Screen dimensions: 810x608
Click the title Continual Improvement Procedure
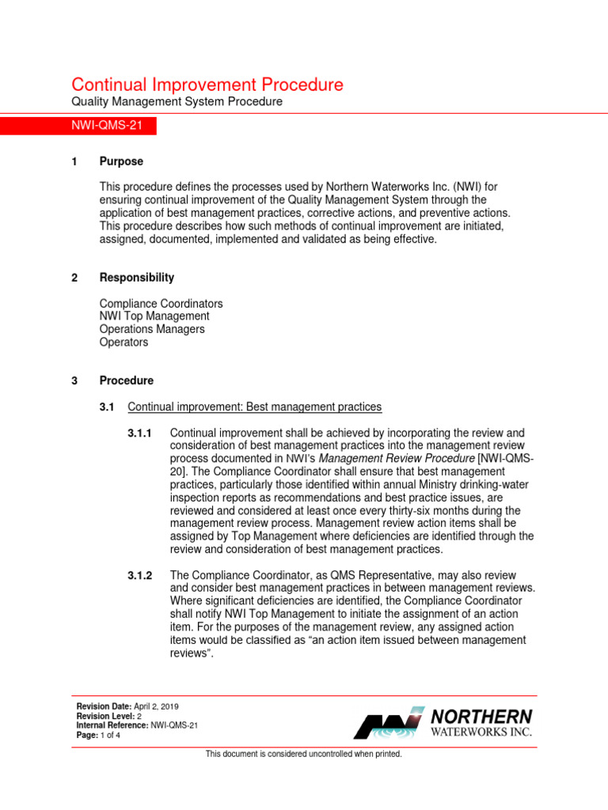pyautogui.click(x=207, y=85)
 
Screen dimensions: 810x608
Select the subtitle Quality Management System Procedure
pyautogui.click(x=177, y=102)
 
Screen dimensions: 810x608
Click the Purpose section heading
pyautogui.click(x=121, y=161)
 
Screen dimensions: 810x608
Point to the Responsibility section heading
pyautogui.click(x=137, y=278)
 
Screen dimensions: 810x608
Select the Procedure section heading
pyautogui.click(x=127, y=380)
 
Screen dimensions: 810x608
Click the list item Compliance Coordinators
pyautogui.click(x=161, y=304)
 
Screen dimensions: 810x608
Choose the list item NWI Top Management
pyautogui.click(x=154, y=316)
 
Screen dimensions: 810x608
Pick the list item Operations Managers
pyautogui.click(x=152, y=329)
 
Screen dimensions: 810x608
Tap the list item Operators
pyautogui.click(x=123, y=342)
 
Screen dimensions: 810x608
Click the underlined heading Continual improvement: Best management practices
pyautogui.click(x=254, y=407)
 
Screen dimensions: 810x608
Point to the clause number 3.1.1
pyautogui.click(x=140, y=433)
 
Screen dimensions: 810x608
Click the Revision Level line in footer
pyautogui.click(x=109, y=716)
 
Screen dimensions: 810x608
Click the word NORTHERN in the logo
pyautogui.click(x=481, y=716)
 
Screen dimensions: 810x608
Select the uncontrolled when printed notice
pyautogui.click(x=304, y=754)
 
